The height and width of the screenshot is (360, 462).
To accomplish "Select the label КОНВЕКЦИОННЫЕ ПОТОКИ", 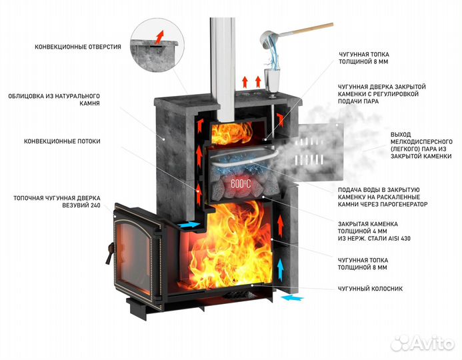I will point(62,141).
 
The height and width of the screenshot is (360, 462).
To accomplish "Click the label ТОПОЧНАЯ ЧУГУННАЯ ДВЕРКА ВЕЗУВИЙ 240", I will point(57,203).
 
